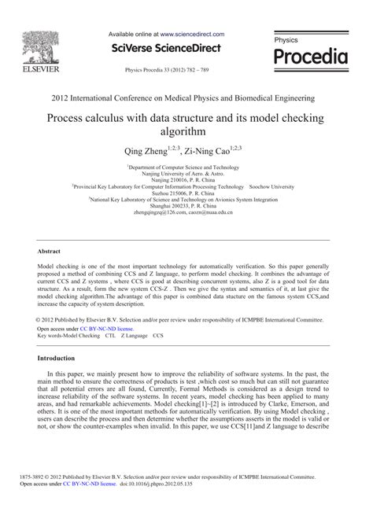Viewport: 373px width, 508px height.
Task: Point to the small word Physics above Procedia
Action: pos(286,39)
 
